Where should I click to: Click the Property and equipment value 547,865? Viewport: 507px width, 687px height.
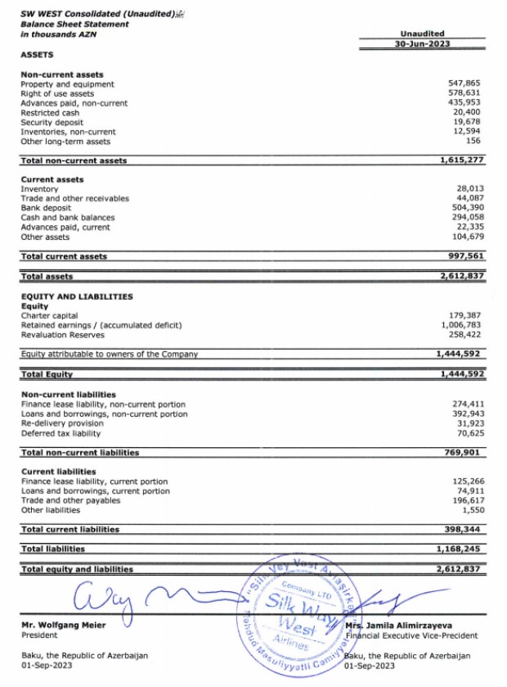(463, 84)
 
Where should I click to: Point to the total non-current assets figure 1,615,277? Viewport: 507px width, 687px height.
(458, 160)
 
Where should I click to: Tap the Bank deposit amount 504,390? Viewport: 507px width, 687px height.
(463, 208)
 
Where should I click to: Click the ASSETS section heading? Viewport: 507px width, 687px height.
(37, 55)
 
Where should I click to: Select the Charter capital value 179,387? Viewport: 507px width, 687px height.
(463, 315)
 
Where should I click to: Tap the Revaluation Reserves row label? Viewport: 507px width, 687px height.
(62, 334)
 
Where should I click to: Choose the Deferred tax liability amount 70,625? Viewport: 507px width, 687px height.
(465, 433)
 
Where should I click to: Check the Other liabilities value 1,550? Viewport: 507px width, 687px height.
(468, 510)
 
